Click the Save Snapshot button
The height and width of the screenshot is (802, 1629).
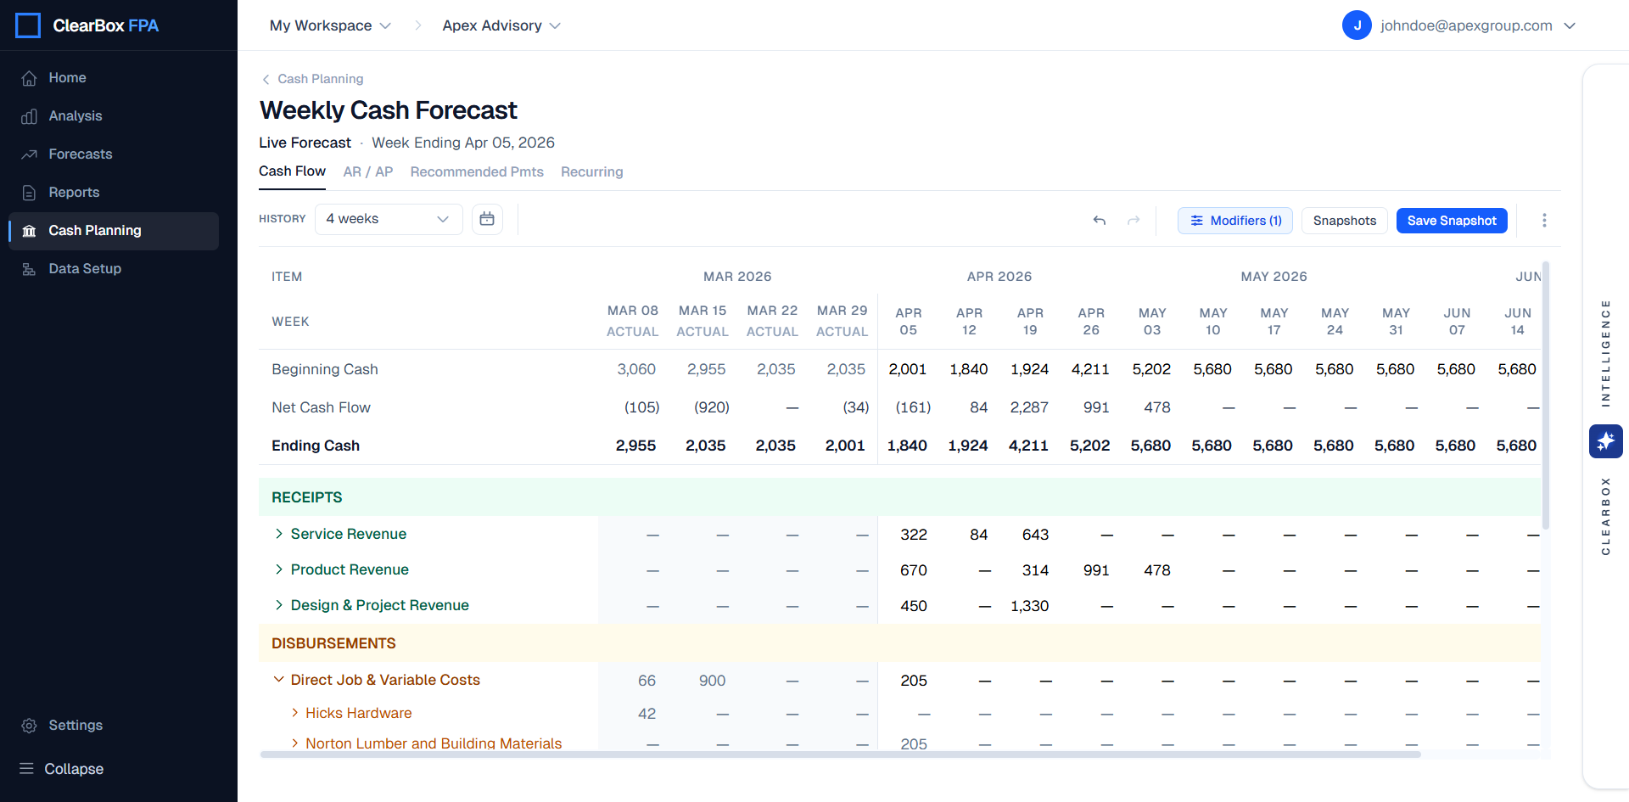point(1451,221)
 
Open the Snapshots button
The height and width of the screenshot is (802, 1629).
point(1344,221)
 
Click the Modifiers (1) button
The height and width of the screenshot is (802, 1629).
point(1234,221)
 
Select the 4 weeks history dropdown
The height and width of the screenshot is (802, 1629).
point(388,219)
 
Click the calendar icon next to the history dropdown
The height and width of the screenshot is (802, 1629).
point(487,219)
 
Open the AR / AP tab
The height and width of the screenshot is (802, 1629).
point(367,171)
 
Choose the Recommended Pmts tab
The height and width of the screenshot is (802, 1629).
point(476,171)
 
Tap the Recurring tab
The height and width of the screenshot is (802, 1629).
point(591,171)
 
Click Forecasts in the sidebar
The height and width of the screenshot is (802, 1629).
point(80,154)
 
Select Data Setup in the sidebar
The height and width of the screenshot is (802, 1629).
point(84,268)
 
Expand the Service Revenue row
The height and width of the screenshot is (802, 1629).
point(279,534)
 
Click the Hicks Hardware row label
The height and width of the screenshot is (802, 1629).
point(358,713)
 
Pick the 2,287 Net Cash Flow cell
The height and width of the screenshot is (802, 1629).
point(1029,407)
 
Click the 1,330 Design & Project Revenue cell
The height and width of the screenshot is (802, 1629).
point(1029,606)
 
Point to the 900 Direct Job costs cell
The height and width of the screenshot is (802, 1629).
point(712,681)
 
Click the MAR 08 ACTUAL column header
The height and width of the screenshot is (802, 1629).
point(632,321)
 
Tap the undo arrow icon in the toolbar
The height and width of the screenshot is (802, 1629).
point(1100,221)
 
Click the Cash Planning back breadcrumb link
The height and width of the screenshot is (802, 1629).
point(320,79)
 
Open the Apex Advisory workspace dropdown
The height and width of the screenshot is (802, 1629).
point(501,25)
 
